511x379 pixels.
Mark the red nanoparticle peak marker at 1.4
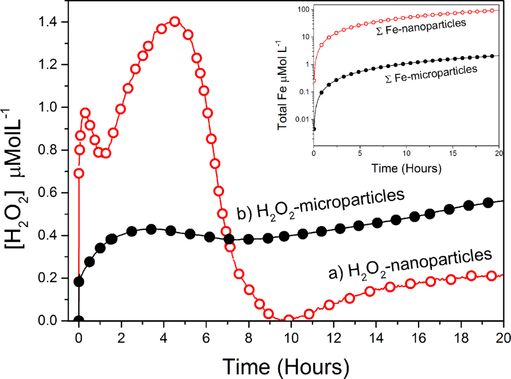tap(175, 21)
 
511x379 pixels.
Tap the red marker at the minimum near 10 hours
tap(290, 320)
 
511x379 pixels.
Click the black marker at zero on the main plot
tap(78, 320)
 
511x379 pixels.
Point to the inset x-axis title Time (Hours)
tap(406, 169)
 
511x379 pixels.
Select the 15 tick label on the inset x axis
tap(452, 154)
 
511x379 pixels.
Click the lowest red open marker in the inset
tap(314, 80)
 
